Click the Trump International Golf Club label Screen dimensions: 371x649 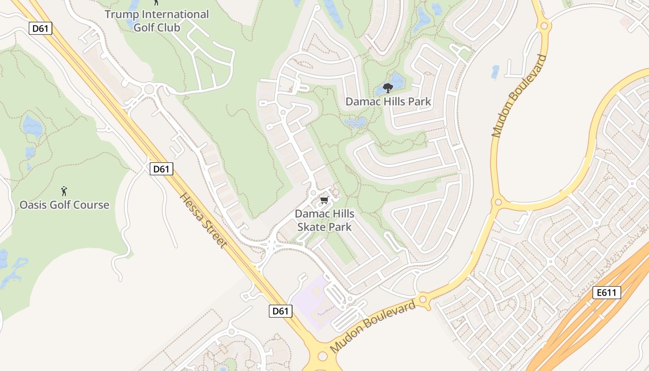click(157, 20)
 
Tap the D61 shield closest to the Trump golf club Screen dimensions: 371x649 click(40, 29)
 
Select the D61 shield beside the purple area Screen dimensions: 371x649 click(280, 311)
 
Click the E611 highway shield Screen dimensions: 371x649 click(606, 293)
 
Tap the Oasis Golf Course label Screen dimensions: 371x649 click(64, 205)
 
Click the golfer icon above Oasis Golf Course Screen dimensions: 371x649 click(64, 191)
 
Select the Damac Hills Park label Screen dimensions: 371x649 click(388, 102)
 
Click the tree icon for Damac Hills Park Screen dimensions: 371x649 click(388, 88)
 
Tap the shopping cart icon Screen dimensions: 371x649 click(324, 200)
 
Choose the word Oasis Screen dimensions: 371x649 click(34, 205)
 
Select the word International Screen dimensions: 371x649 click(175, 14)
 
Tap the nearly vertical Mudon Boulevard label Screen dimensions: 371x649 click(520, 96)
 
